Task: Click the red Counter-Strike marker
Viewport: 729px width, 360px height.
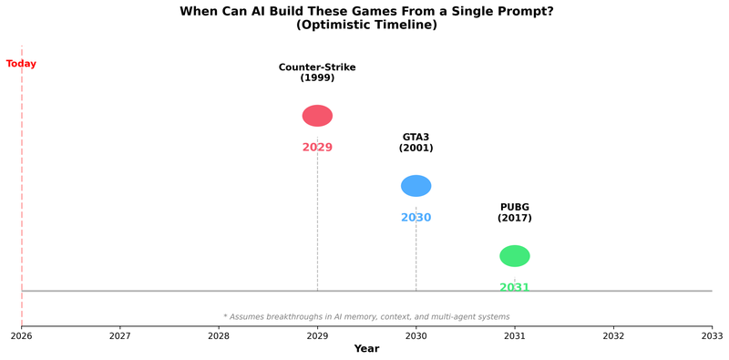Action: pyautogui.click(x=317, y=116)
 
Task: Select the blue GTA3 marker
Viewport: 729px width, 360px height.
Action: pyautogui.click(x=416, y=186)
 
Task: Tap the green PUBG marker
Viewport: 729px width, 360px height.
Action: pyautogui.click(x=515, y=256)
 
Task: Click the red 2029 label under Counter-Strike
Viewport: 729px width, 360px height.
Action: pyautogui.click(x=317, y=148)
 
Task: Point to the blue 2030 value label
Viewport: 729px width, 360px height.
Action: pyautogui.click(x=416, y=218)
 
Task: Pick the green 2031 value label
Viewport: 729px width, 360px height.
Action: pyautogui.click(x=515, y=287)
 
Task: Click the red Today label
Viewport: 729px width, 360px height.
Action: pyautogui.click(x=21, y=64)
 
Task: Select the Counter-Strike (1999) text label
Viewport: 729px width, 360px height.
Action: pyautogui.click(x=317, y=72)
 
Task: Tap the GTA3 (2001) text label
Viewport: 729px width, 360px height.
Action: pyautogui.click(x=416, y=142)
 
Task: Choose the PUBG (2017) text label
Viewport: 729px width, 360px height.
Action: pyautogui.click(x=515, y=212)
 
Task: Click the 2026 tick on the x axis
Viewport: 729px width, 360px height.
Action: pyautogui.click(x=22, y=335)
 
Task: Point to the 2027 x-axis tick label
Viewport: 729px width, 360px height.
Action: pyautogui.click(x=120, y=335)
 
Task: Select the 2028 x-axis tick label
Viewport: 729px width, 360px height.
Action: pyautogui.click(x=219, y=335)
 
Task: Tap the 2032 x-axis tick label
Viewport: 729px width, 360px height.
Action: pyautogui.click(x=613, y=335)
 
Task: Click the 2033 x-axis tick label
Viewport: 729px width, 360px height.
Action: pyautogui.click(x=712, y=335)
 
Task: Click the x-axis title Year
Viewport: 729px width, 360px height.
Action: pyautogui.click(x=366, y=349)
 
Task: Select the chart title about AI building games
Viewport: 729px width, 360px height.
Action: pyautogui.click(x=366, y=11)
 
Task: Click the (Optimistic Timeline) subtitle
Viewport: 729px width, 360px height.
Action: pyautogui.click(x=366, y=25)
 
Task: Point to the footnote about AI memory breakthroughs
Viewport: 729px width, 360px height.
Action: pyautogui.click(x=366, y=316)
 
